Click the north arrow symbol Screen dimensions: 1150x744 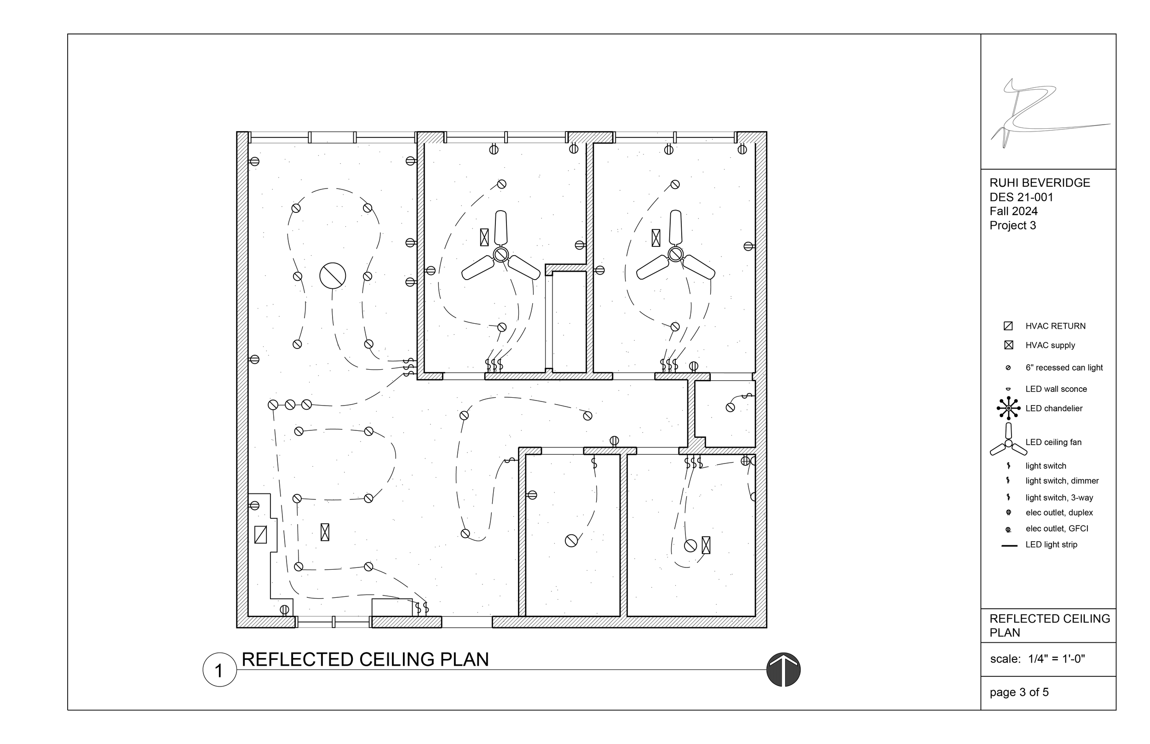pos(783,670)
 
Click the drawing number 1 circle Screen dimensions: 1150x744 pos(219,670)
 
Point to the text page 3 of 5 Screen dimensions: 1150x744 pos(1019,692)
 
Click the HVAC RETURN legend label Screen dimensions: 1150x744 pos(1055,326)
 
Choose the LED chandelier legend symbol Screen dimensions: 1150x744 pos(1008,408)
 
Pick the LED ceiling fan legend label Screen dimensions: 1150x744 pos(1053,442)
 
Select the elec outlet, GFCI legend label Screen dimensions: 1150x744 pos(1057,528)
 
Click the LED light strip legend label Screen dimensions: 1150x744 pos(1052,544)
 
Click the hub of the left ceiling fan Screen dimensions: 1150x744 pos(501,254)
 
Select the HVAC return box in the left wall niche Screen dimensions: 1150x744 pos(260,534)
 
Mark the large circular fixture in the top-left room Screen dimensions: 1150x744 pos(333,276)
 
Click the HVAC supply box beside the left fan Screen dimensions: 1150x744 pos(484,237)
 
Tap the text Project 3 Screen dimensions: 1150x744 pos(1013,226)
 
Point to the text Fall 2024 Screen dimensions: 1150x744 pos(1013,211)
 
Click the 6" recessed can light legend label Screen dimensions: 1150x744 pos(1064,368)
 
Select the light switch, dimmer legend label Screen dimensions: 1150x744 pos(1062,481)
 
